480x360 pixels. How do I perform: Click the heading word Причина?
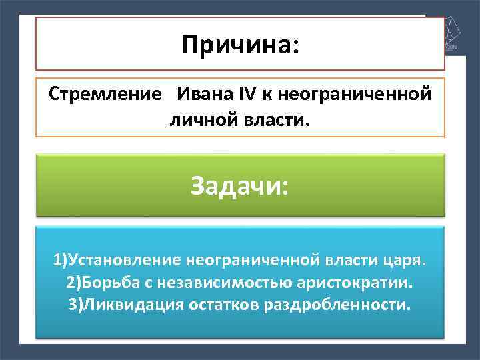[240, 45]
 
